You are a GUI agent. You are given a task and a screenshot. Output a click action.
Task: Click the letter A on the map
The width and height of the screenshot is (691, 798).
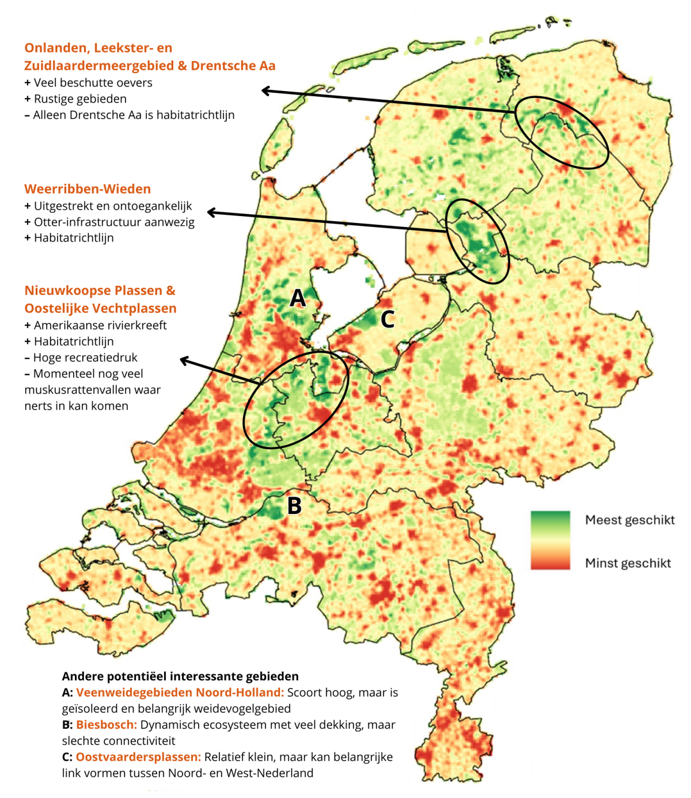(x=297, y=298)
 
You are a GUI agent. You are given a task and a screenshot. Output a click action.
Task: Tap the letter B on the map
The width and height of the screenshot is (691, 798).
(x=294, y=506)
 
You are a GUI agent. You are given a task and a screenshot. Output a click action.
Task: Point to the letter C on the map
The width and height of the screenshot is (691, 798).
(x=388, y=319)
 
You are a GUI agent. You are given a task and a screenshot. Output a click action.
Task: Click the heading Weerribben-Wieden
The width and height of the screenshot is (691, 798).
(x=88, y=189)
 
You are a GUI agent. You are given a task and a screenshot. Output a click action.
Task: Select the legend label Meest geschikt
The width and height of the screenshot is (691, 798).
(x=629, y=520)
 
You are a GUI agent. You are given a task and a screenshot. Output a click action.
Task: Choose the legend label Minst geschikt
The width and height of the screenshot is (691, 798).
(x=628, y=563)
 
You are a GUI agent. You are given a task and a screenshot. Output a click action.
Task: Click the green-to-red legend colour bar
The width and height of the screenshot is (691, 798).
(x=550, y=540)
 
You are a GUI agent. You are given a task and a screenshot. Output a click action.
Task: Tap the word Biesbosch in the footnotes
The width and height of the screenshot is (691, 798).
(x=107, y=725)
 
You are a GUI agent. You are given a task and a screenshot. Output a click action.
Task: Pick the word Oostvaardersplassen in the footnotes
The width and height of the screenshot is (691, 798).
(x=138, y=757)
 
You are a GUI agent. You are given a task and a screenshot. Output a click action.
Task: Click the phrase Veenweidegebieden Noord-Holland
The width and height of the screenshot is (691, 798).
(x=180, y=693)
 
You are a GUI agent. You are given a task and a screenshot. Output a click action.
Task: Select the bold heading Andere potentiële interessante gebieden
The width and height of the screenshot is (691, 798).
(x=180, y=676)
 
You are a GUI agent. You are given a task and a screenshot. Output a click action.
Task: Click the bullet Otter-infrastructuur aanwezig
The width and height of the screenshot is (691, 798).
(x=114, y=222)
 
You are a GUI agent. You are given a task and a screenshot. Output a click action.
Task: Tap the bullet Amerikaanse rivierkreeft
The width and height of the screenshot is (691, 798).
(x=100, y=325)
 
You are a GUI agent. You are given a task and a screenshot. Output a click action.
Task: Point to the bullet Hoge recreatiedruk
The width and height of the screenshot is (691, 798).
(x=85, y=357)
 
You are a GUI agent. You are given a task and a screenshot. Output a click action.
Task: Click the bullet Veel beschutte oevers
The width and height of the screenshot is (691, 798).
(x=93, y=82)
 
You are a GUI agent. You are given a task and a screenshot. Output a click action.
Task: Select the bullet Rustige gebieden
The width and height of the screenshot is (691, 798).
(x=80, y=99)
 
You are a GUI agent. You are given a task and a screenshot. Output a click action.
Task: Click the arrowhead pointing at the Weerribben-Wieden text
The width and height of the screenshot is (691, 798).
(x=211, y=213)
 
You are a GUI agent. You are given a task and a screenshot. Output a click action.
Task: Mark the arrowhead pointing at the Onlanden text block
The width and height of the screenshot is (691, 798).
(x=265, y=90)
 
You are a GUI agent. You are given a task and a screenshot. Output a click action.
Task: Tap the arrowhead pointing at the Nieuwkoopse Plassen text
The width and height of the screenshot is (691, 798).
(x=184, y=361)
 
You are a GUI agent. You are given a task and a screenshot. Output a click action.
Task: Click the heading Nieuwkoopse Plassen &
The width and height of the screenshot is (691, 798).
(x=100, y=290)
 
